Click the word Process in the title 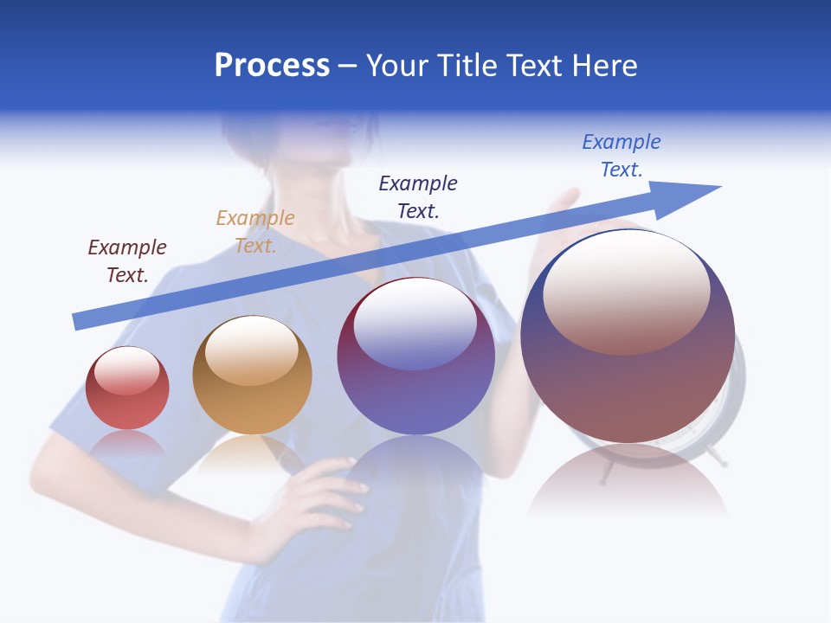pos(272,66)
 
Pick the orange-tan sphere pos(252,376)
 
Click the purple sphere pos(415,356)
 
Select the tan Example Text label pos(255,232)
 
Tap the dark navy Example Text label pos(418,196)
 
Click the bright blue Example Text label pos(622,156)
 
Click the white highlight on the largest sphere pos(627,291)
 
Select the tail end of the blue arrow pos(80,321)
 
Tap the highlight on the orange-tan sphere pos(252,350)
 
